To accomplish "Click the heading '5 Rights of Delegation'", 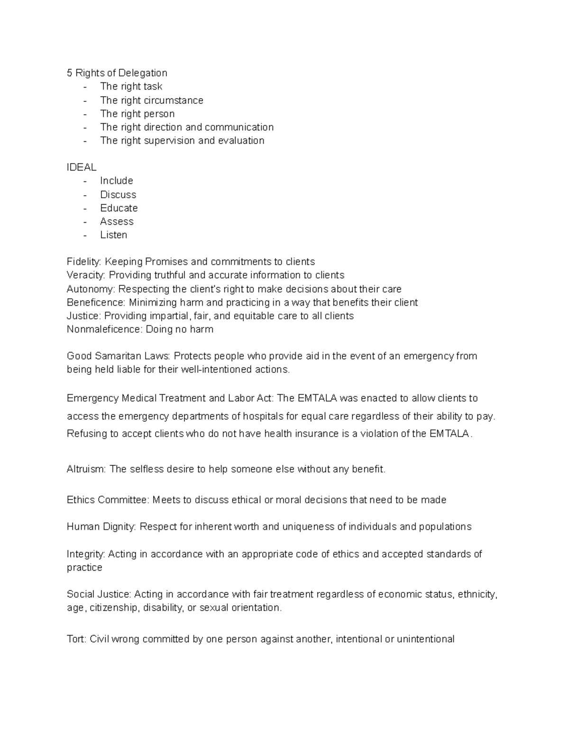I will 117,73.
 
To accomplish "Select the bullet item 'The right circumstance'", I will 151,100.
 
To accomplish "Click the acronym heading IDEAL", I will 82,167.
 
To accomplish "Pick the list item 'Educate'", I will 119,208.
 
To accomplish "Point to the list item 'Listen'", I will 113,235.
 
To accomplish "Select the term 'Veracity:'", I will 86,275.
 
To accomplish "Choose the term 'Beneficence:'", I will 96,302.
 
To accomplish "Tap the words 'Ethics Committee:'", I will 108,500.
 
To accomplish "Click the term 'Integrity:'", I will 86,554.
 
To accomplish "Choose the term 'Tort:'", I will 76,639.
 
